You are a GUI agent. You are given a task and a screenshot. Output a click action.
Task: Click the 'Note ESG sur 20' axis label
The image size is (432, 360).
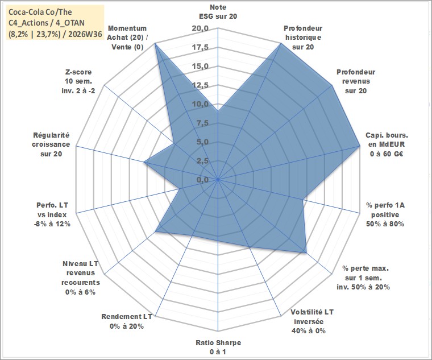[218, 11]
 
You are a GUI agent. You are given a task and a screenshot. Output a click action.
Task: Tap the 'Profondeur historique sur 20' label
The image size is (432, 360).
[303, 38]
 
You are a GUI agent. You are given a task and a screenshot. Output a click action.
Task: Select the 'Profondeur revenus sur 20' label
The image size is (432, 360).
[356, 81]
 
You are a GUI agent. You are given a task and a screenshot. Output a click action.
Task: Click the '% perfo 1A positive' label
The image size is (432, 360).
[385, 214]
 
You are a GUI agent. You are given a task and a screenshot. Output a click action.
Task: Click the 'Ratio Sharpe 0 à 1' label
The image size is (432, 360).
[218, 347]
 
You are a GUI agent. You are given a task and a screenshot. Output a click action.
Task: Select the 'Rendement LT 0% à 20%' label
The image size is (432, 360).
[126, 321]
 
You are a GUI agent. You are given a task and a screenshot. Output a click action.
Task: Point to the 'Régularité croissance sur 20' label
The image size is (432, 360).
[51, 144]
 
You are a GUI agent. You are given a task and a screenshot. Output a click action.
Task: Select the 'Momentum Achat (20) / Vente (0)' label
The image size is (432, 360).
[127, 38]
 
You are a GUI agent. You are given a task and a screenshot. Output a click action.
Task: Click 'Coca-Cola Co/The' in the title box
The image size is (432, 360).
[40, 12]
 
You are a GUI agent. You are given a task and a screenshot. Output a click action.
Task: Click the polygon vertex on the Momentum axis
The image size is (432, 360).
[155, 43]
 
